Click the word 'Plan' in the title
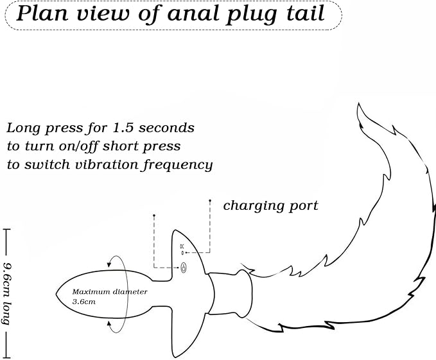(x=42, y=14)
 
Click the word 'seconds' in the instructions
(x=166, y=128)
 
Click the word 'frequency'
(x=178, y=166)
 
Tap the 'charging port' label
(x=270, y=206)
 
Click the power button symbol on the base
(x=184, y=268)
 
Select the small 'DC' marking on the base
(x=182, y=246)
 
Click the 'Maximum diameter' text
(x=110, y=292)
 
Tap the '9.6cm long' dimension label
(x=6, y=294)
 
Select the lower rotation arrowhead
(x=110, y=324)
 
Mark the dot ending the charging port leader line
(x=210, y=200)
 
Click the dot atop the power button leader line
(x=153, y=215)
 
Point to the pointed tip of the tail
(x=358, y=103)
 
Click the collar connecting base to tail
(x=231, y=294)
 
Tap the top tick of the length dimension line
(x=6, y=230)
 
